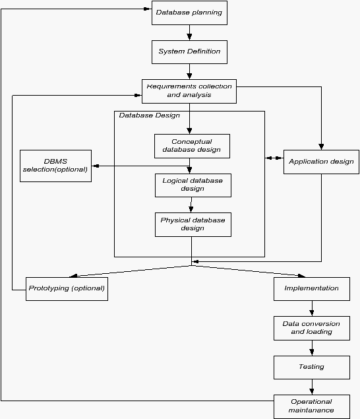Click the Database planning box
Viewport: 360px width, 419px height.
pyautogui.click(x=189, y=13)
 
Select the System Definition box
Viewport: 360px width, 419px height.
pyautogui.click(x=189, y=52)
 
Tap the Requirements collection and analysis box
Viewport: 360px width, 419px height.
pyautogui.click(x=189, y=91)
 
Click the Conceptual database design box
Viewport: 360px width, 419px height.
pyautogui.click(x=192, y=146)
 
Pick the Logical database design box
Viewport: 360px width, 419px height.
pyautogui.click(x=193, y=185)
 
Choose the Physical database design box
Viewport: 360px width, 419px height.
pyautogui.click(x=193, y=224)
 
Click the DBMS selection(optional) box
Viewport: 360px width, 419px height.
pyautogui.click(x=55, y=166)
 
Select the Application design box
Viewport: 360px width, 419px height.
pyautogui.click(x=321, y=162)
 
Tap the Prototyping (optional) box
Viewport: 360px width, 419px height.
pyautogui.click(x=67, y=289)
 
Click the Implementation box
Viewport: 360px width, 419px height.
pyautogui.click(x=312, y=289)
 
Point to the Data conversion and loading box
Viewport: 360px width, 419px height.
pyautogui.click(x=312, y=328)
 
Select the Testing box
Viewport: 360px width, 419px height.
pyautogui.click(x=312, y=367)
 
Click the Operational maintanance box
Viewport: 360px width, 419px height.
pyautogui.click(x=312, y=406)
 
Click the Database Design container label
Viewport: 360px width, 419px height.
pyautogui.click(x=149, y=115)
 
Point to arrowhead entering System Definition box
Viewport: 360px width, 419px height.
pyautogui.click(x=189, y=37)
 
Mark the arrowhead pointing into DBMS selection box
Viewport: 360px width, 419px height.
pyautogui.click(x=96, y=166)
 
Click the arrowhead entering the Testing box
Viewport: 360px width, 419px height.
pyautogui.click(x=312, y=352)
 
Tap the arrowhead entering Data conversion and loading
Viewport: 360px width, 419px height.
pyautogui.click(x=312, y=313)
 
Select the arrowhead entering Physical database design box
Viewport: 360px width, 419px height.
pyautogui.click(x=191, y=209)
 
